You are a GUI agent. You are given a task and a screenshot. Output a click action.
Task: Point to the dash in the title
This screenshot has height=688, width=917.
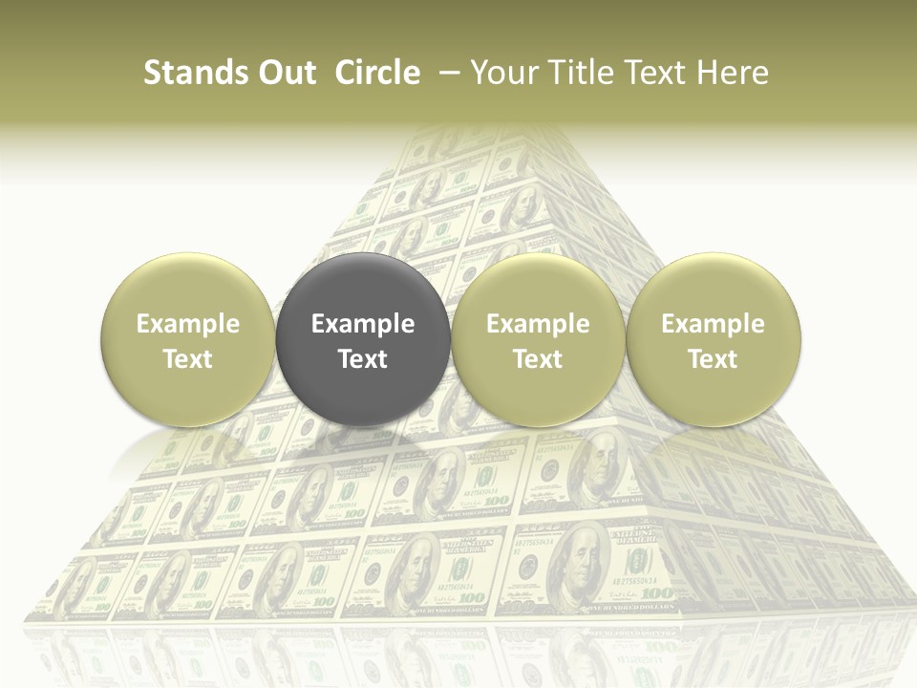(x=444, y=73)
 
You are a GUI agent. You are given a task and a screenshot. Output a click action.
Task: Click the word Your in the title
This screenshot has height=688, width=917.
(x=501, y=73)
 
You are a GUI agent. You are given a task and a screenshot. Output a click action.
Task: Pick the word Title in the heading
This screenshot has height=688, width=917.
(x=571, y=73)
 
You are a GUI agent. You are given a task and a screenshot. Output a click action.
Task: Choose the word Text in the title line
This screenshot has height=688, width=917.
(x=646, y=73)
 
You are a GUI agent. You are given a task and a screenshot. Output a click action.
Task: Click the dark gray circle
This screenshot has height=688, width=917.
(x=363, y=339)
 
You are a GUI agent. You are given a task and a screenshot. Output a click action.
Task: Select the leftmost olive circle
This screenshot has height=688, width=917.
(x=188, y=339)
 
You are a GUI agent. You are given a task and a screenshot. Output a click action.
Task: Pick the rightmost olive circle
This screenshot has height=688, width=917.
(x=714, y=339)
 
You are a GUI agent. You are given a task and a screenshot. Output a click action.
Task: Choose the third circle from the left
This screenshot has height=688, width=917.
(x=538, y=339)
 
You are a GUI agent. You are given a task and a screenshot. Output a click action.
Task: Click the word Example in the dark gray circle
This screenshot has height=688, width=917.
(x=363, y=324)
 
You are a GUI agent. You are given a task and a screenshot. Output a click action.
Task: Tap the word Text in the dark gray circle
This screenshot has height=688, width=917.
(x=363, y=359)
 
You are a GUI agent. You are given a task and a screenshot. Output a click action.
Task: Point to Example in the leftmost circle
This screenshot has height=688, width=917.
(x=188, y=324)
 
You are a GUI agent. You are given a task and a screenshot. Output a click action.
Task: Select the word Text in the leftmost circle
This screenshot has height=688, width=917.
(x=188, y=359)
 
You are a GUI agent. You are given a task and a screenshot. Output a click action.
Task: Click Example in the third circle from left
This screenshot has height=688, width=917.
(x=538, y=324)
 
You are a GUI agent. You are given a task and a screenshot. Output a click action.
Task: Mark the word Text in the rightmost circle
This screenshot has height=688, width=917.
(x=714, y=359)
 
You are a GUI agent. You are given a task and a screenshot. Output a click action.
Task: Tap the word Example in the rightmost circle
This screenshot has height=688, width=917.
(x=714, y=324)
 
